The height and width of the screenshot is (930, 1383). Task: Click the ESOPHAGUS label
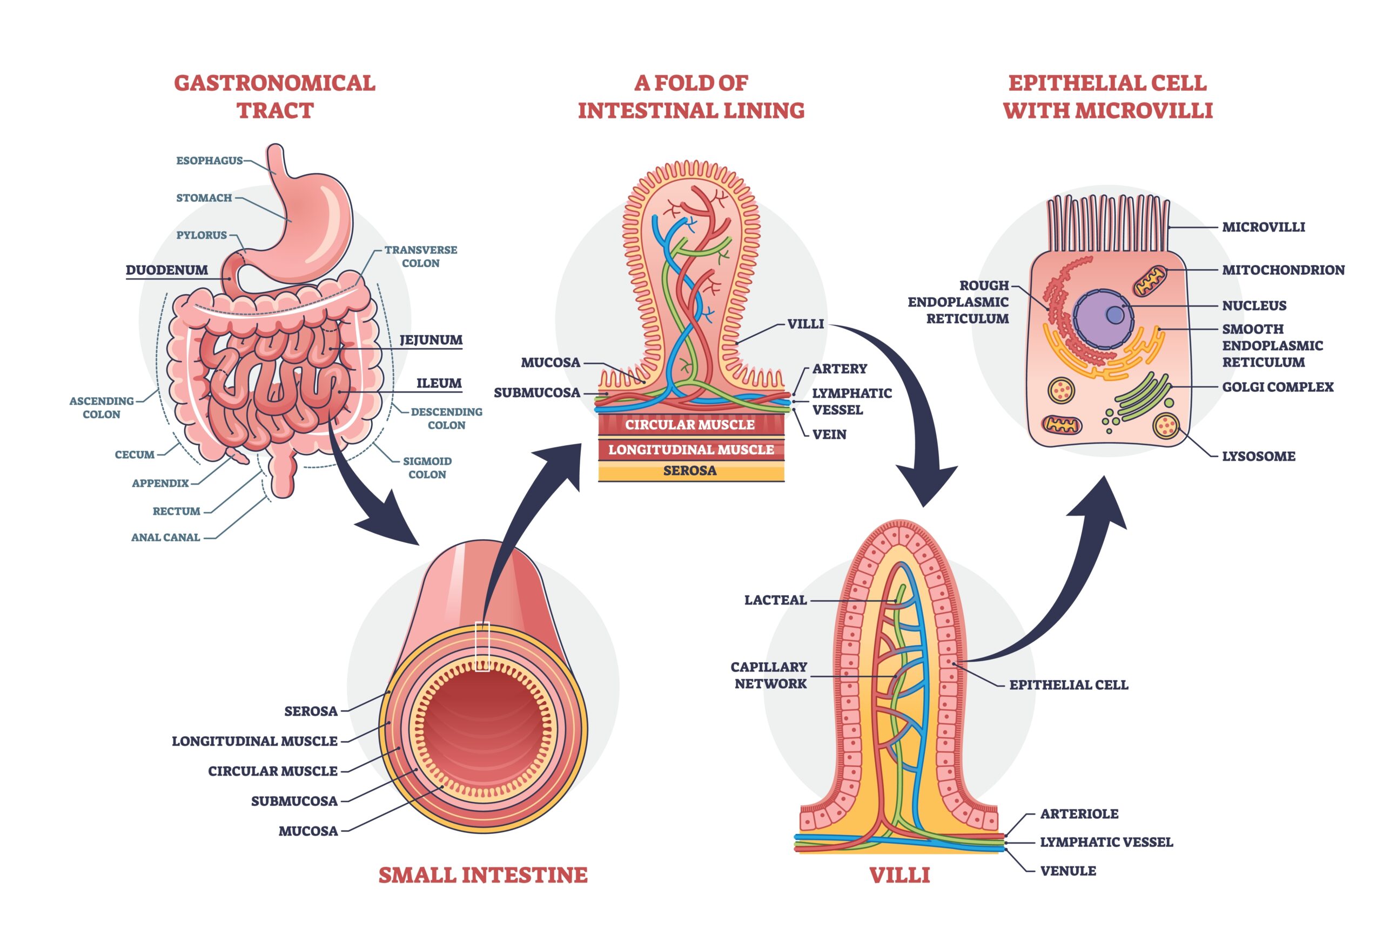tap(209, 161)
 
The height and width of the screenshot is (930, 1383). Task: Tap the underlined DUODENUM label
tap(167, 270)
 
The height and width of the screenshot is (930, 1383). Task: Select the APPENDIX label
tap(160, 484)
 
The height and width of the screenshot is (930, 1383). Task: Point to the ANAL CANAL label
tap(166, 538)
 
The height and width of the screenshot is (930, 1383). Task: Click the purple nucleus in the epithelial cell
tap(1103, 318)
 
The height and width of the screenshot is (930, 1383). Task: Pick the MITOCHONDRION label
tap(1283, 270)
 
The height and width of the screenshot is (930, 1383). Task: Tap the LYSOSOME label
tap(1258, 457)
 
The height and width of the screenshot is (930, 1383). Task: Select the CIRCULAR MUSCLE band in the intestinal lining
tap(690, 425)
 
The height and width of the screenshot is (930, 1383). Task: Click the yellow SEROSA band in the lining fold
tap(690, 471)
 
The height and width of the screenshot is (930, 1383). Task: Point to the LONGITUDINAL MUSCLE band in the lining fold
tap(691, 450)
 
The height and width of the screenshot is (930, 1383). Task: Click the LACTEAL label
tap(775, 600)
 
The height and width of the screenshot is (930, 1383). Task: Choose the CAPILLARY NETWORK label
tap(769, 675)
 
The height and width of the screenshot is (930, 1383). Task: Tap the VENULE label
tap(1068, 871)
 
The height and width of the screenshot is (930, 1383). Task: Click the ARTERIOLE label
tap(1078, 814)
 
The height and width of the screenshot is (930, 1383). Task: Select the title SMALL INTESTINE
tap(482, 875)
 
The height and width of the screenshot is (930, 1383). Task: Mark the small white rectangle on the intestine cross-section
tap(482, 646)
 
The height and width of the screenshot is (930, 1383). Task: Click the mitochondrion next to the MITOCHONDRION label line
tap(1149, 281)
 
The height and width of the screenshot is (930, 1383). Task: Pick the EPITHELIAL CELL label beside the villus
tap(1069, 685)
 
